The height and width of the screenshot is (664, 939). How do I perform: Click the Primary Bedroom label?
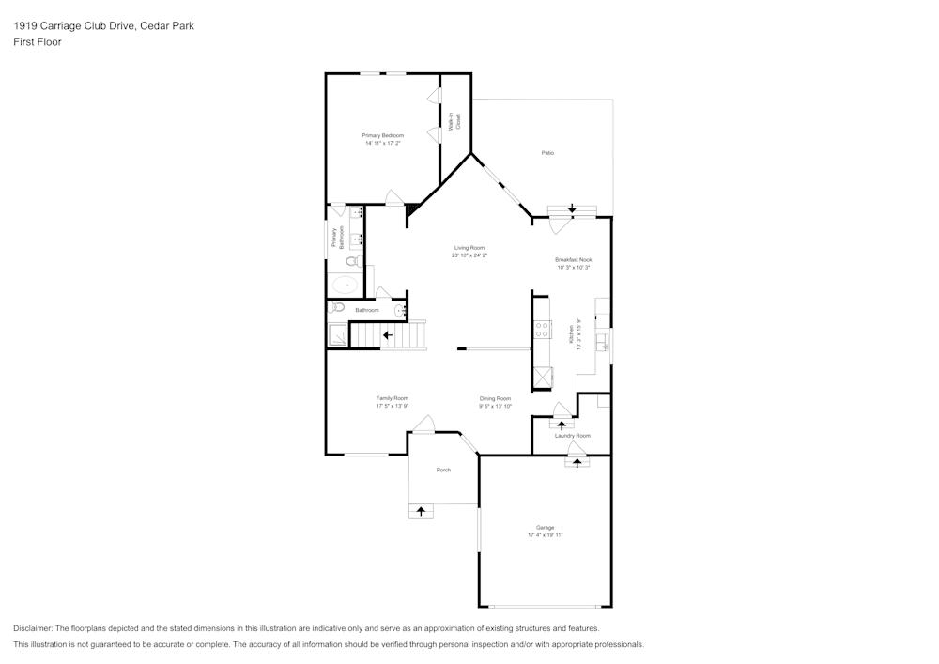pyautogui.click(x=382, y=135)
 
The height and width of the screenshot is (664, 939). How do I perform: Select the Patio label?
pyautogui.click(x=547, y=152)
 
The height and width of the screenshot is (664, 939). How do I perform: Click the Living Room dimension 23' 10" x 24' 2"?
pyautogui.click(x=469, y=255)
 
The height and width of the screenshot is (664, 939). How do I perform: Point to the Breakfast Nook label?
pyautogui.click(x=573, y=259)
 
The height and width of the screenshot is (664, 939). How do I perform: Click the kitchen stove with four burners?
pyautogui.click(x=542, y=330)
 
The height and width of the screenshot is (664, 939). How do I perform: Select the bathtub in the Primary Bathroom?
pyautogui.click(x=346, y=285)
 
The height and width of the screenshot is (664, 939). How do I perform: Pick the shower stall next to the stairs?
pyautogui.click(x=336, y=334)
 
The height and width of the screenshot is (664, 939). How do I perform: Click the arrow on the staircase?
pyautogui.click(x=387, y=334)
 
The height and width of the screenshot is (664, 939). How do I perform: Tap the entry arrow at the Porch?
pyautogui.click(x=421, y=511)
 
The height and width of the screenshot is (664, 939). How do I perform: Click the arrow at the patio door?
pyautogui.click(x=572, y=208)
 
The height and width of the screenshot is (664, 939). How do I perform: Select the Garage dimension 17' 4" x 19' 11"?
pyautogui.click(x=545, y=535)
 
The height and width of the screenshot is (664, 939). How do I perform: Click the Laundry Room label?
pyautogui.click(x=572, y=436)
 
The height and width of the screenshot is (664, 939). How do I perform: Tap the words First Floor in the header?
pyautogui.click(x=38, y=42)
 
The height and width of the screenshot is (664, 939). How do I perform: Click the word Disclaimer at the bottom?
pyautogui.click(x=33, y=628)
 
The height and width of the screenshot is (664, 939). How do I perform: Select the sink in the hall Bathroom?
pyautogui.click(x=399, y=309)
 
